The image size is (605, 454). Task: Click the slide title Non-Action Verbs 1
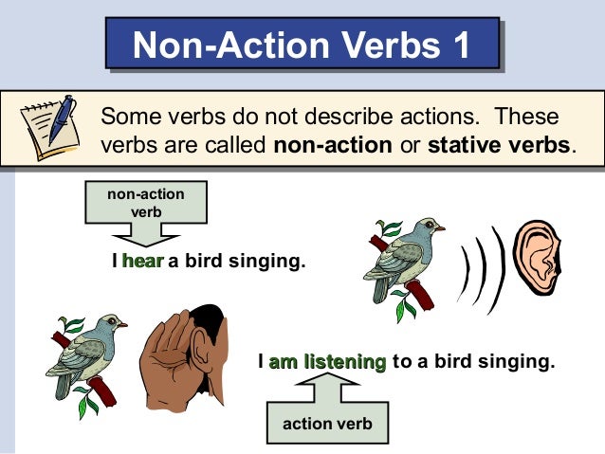click(x=302, y=45)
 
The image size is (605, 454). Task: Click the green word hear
click(x=143, y=261)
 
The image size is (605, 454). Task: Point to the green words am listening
click(x=327, y=361)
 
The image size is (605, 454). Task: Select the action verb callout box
click(x=327, y=423)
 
